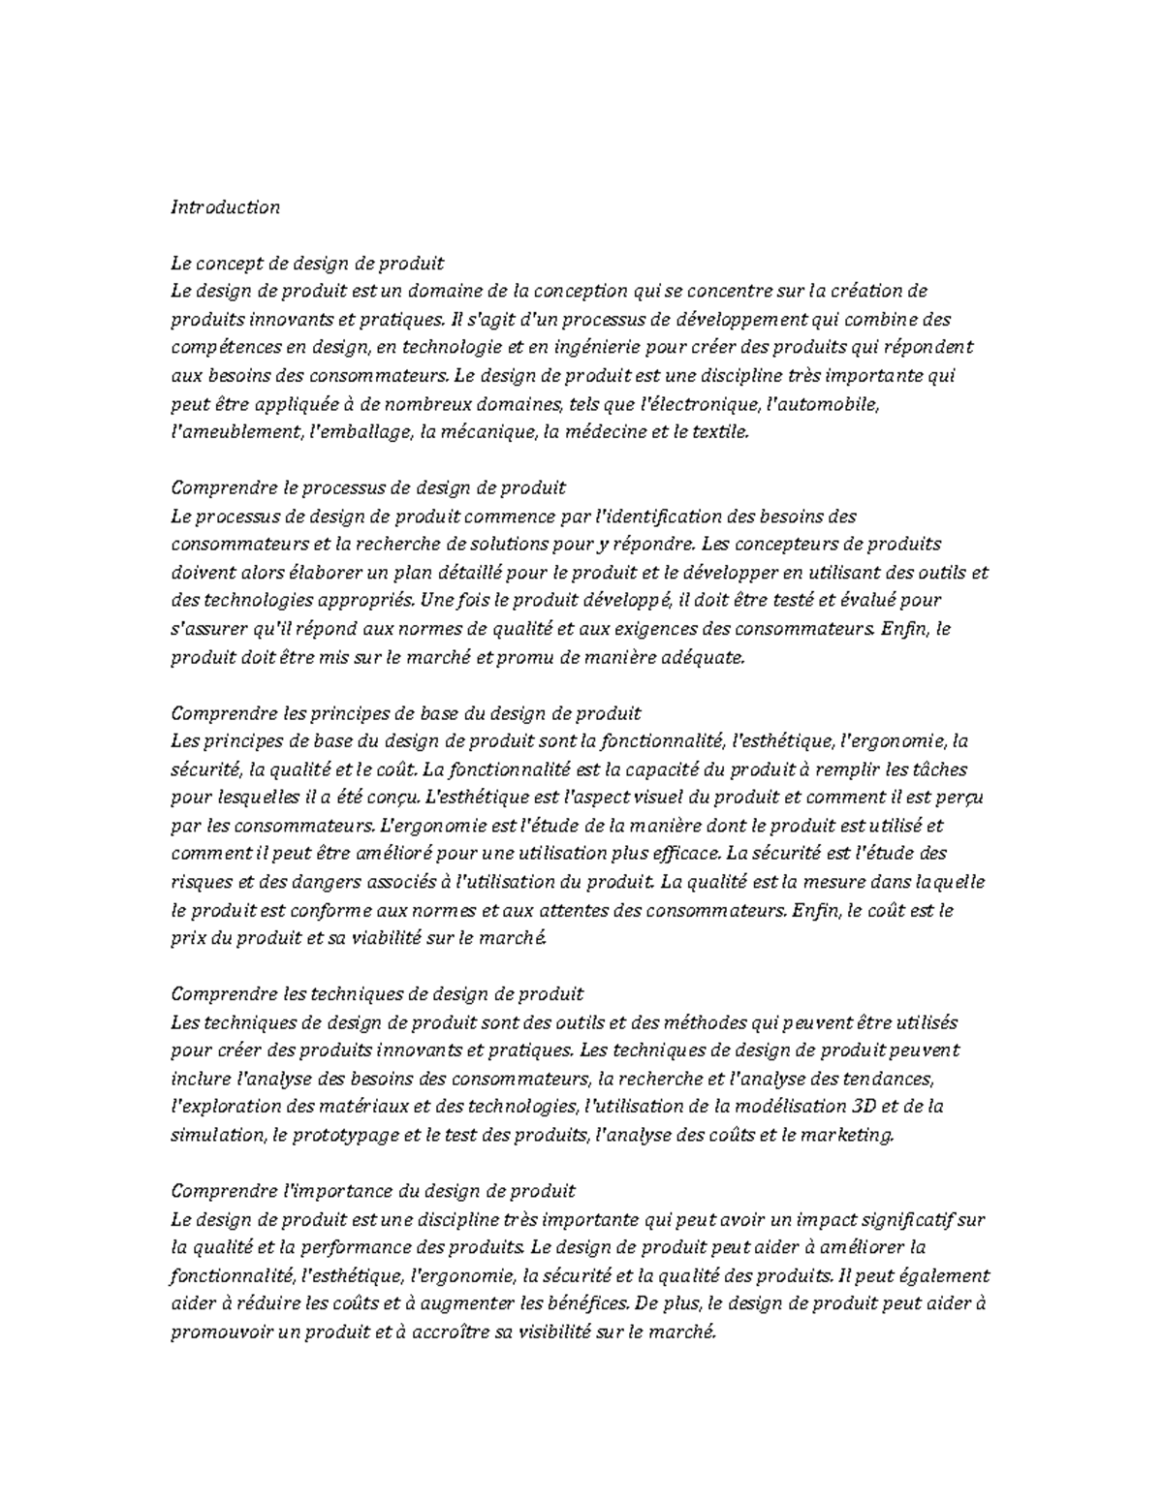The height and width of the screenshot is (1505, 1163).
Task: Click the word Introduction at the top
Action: point(225,207)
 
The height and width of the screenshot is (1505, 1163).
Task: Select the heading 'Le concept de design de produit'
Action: point(307,264)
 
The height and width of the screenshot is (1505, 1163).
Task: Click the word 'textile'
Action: point(722,432)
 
